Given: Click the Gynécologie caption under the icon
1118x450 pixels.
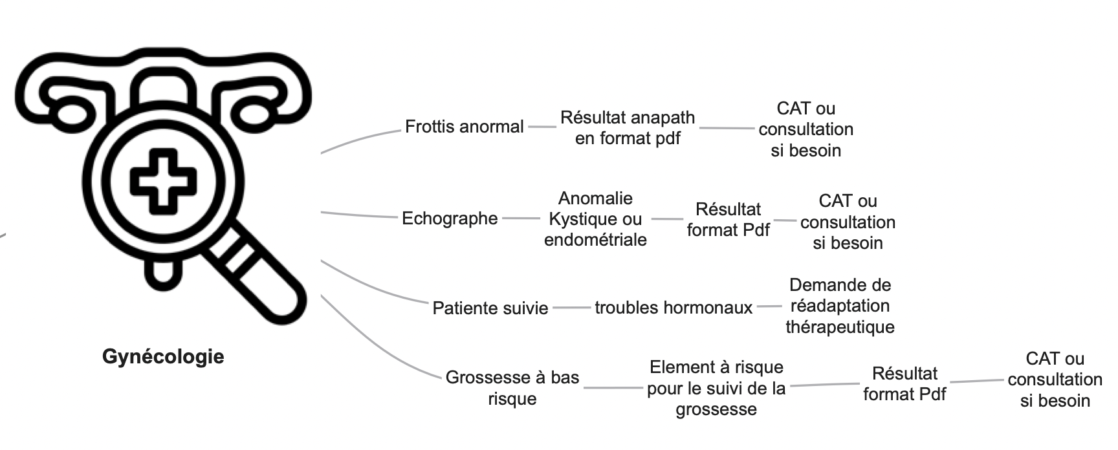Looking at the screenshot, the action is [x=163, y=357].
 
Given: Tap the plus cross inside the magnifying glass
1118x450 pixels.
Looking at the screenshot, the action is [x=164, y=182].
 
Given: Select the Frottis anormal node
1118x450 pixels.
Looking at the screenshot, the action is [x=465, y=127].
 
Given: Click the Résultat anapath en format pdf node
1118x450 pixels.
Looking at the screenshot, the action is [x=628, y=128].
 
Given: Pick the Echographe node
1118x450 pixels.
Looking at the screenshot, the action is [x=450, y=219].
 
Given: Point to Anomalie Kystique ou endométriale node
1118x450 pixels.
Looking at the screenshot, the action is [x=595, y=219].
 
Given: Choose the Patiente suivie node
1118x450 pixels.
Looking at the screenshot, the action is [x=490, y=308].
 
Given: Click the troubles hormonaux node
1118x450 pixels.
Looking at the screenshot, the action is [x=674, y=308].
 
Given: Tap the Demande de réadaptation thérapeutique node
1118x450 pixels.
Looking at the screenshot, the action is [x=840, y=306].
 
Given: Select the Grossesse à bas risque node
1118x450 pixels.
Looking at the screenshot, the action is [x=512, y=388].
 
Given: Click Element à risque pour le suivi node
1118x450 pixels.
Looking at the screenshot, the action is [x=716, y=388].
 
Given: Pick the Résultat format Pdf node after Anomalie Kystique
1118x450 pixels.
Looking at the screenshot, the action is [x=729, y=220].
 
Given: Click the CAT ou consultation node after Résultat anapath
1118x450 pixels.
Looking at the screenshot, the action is [x=806, y=129].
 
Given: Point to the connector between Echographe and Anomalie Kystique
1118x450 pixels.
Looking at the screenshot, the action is [x=520, y=219].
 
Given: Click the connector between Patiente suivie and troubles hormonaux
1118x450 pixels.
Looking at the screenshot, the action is [x=571, y=308].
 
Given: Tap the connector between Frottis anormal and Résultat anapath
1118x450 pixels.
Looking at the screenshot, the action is [x=542, y=127].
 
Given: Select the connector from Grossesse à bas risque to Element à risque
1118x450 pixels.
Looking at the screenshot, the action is [x=613, y=388].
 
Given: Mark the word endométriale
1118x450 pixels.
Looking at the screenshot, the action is [x=595, y=240].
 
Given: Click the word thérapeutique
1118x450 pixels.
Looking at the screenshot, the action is [x=840, y=327].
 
